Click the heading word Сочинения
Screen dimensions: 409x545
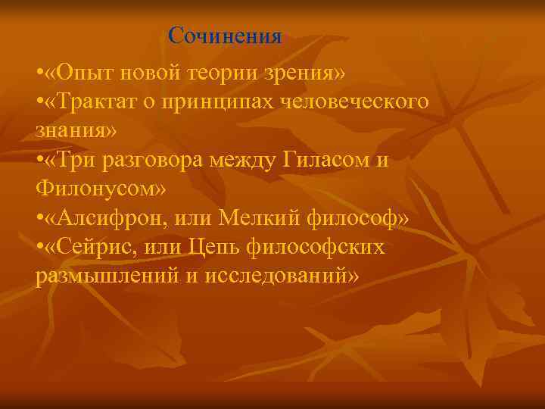point(225,36)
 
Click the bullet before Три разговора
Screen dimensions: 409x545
point(39,159)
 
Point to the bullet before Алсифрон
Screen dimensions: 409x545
point(39,219)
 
